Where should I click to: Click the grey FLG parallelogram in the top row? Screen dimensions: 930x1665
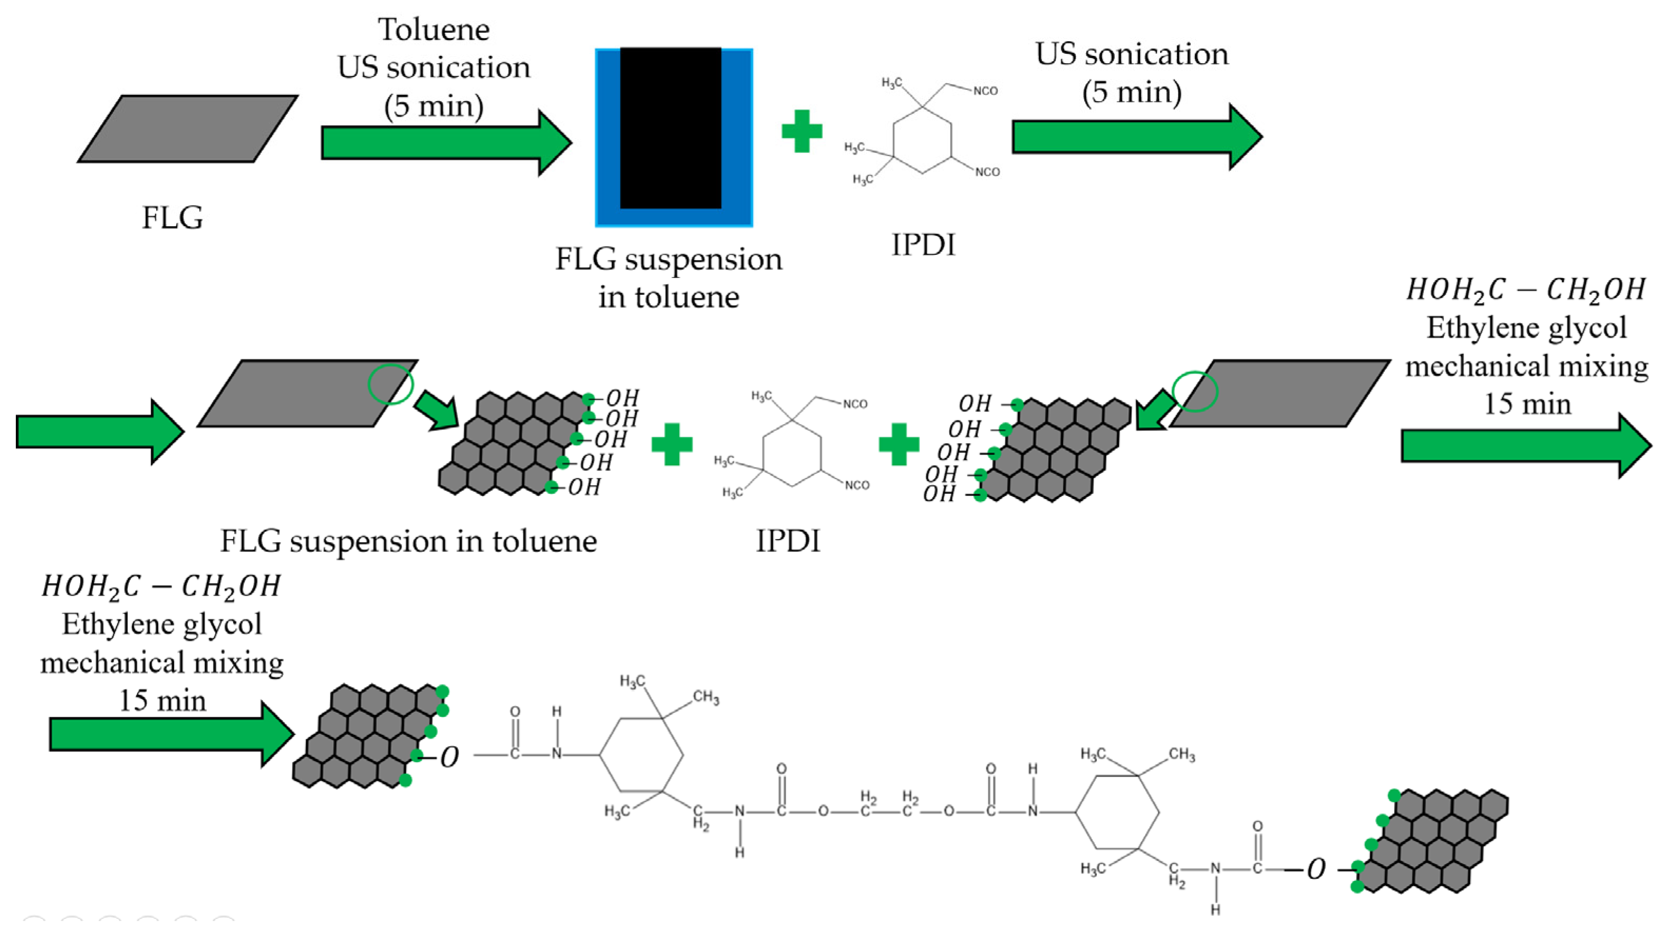point(187,129)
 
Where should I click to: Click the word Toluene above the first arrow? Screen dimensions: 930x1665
point(434,30)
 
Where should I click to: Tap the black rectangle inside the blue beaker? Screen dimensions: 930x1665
point(670,128)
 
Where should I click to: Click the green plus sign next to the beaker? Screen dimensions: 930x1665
point(801,131)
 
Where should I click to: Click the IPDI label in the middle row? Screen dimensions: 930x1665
point(787,541)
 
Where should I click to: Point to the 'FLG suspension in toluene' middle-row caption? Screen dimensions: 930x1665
point(408,541)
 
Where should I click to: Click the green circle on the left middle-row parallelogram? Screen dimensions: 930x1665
point(390,384)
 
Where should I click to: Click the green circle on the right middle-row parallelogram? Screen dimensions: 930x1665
point(1195,391)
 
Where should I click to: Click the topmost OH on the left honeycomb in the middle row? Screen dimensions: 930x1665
point(622,397)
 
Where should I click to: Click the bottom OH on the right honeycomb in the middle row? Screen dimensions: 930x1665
point(939,494)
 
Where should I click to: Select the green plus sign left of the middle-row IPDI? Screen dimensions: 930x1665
point(672,445)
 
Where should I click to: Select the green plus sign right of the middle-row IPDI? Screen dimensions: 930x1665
point(898,445)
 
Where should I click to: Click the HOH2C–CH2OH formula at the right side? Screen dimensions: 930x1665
point(1525,290)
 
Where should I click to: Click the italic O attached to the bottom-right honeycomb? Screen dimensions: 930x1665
point(1316,869)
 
